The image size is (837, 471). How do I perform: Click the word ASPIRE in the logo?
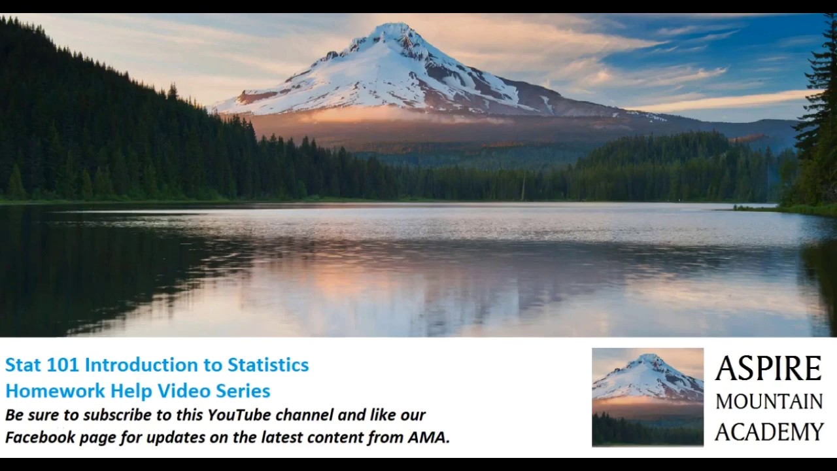[x=768, y=370]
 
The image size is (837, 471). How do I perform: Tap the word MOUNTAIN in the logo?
[x=769, y=402]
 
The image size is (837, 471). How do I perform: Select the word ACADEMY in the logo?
[x=769, y=432]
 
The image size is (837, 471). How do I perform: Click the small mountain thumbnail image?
[x=647, y=397]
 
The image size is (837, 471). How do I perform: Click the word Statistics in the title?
[x=268, y=365]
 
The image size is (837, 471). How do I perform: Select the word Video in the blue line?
[x=180, y=391]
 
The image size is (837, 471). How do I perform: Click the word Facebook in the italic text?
[x=40, y=438]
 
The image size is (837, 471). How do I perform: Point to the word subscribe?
[x=112, y=415]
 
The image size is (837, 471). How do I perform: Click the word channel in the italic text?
[x=304, y=415]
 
